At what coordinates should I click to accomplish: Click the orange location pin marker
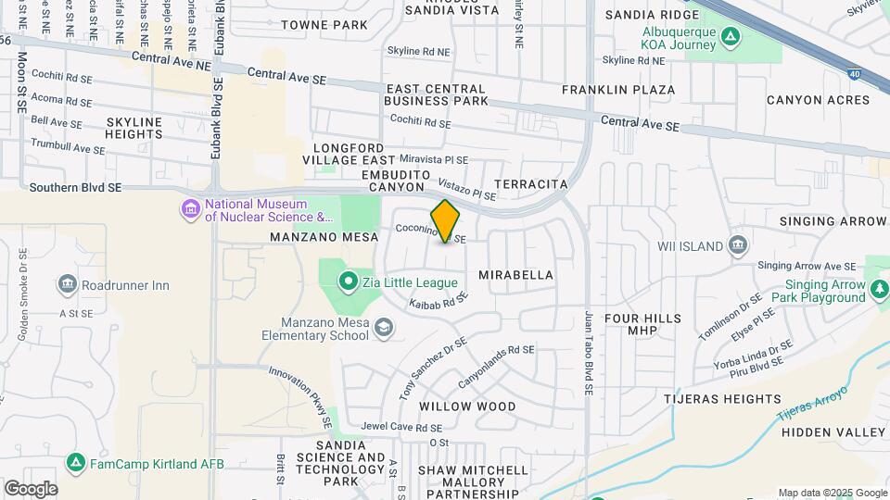445,221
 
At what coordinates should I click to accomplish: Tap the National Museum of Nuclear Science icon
191,210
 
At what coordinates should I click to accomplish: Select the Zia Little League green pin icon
349,281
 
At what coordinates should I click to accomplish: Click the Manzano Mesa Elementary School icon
383,328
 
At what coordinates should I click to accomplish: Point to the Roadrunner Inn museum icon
67,285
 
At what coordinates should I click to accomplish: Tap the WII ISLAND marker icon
738,244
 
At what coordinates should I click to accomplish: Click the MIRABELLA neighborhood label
516,275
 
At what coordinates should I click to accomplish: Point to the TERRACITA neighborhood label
531,184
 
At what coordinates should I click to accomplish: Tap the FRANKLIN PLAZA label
618,90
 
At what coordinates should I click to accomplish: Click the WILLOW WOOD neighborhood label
467,406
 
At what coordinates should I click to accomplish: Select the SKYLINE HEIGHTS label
134,128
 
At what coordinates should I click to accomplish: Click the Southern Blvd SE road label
75,187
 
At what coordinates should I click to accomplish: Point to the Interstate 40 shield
855,71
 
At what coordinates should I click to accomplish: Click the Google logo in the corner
31,488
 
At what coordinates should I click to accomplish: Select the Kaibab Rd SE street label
436,302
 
